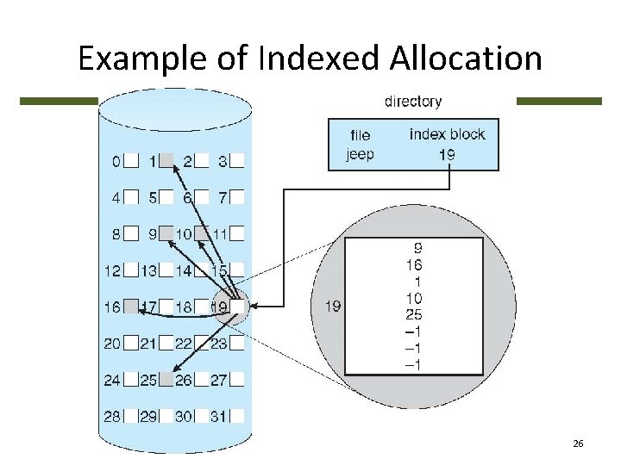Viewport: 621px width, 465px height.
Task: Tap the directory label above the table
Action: (412, 102)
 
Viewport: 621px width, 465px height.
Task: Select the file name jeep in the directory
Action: (359, 155)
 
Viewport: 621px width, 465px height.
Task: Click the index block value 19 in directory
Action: (446, 156)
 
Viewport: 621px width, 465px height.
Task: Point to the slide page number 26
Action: (578, 443)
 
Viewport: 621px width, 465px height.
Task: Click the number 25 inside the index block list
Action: (412, 313)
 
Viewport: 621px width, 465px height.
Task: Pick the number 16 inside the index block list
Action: (412, 266)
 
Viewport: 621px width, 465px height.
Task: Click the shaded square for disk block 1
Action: (166, 160)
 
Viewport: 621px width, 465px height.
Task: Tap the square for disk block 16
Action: (131, 306)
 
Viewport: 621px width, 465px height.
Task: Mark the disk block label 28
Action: (112, 416)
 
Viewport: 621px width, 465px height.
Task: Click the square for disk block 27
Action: (237, 379)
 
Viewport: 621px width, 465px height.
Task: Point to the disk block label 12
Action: (112, 270)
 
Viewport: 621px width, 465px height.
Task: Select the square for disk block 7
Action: (237, 197)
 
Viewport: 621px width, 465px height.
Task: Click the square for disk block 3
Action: (237, 160)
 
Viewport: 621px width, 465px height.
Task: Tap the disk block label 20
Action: (112, 343)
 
